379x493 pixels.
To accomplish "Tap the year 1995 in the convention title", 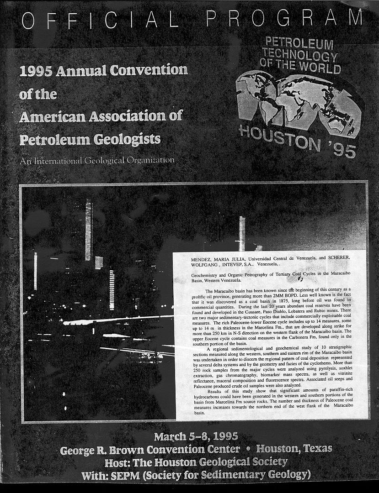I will tap(37, 71).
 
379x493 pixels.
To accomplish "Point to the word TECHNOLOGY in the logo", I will tap(300, 56).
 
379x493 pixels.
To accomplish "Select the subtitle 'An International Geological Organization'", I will tap(97, 161).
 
